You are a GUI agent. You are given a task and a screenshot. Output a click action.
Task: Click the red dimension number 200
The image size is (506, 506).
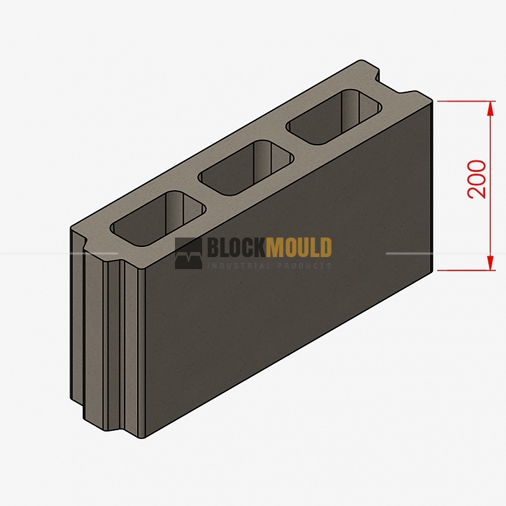pyautogui.click(x=477, y=179)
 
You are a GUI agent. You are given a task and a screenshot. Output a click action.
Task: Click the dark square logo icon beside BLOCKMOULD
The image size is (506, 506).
pyautogui.click(x=188, y=253)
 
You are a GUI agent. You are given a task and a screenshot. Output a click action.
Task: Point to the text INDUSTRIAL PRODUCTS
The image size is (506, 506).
pyautogui.click(x=270, y=266)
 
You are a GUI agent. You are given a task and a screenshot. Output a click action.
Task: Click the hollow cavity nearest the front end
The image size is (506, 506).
pyautogui.click(x=158, y=218)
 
